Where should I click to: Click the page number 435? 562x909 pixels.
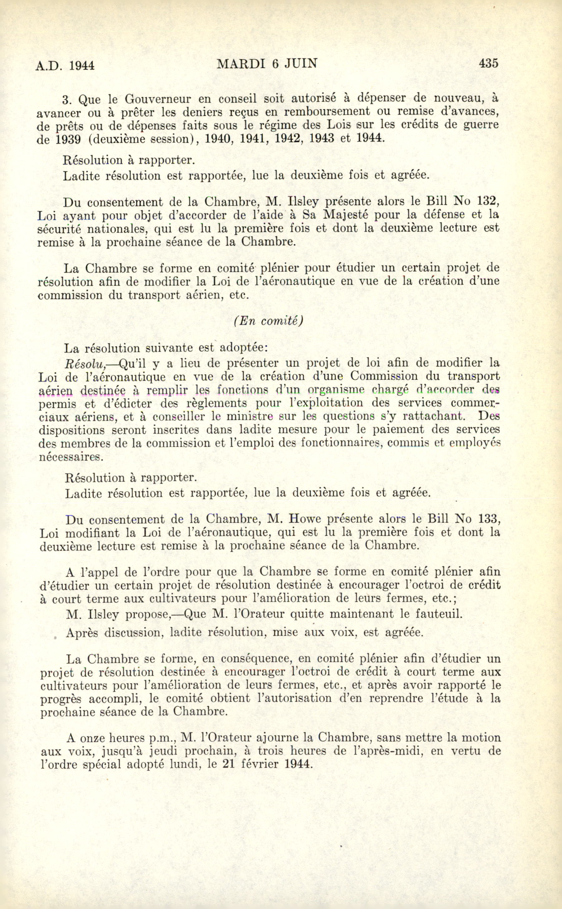pyautogui.click(x=488, y=64)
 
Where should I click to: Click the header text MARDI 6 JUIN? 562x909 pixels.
pyautogui.click(x=267, y=64)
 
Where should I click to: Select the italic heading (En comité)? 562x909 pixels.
pyautogui.click(x=268, y=321)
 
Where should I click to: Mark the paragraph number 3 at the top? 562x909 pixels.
pyautogui.click(x=66, y=100)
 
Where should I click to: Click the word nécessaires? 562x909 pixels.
pyautogui.click(x=71, y=457)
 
